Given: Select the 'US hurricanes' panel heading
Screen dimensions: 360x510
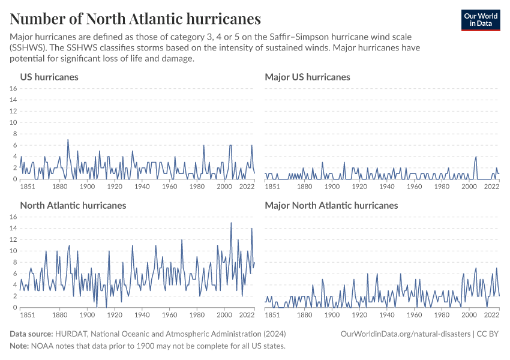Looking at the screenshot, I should coord(49,77).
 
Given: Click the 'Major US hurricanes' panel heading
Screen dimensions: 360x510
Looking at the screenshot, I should coord(307,77).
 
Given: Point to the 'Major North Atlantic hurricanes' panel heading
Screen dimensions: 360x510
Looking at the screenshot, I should coord(331,205).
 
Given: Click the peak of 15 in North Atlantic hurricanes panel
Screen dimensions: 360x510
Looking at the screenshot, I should coord(231,223).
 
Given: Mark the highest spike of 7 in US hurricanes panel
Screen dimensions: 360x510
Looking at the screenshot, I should coord(68,140).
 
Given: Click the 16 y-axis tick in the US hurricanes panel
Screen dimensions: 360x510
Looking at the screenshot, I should coord(13,88).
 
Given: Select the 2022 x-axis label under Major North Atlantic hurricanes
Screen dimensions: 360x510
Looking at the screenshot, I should coord(491,315).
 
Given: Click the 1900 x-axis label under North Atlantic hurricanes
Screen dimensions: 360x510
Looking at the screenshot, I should coord(87,315).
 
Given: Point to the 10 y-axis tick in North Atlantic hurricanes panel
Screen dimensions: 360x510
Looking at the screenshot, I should coord(13,251).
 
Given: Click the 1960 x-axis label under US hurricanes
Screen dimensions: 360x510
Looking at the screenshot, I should coord(170,187).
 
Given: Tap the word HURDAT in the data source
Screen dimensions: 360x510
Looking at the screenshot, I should coord(70,334).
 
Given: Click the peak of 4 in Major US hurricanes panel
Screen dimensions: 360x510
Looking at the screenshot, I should coord(476,157).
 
